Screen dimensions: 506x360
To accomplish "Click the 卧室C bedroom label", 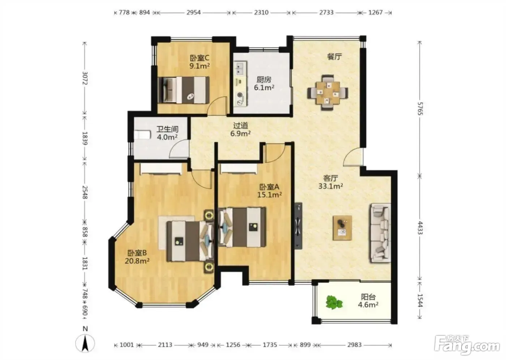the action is (x=200, y=58).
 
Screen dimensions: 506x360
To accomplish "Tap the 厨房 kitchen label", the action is (x=264, y=80).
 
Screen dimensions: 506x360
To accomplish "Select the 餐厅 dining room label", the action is (x=334, y=56).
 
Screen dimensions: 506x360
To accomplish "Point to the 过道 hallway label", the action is (x=241, y=125).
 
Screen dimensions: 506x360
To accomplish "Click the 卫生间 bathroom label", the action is (x=167, y=129).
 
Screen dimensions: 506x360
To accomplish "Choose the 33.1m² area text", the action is (x=331, y=186).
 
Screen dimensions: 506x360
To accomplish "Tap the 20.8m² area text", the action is (x=137, y=261).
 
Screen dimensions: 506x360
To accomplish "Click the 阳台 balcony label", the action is (x=368, y=297).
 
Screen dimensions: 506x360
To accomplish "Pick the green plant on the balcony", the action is (x=334, y=303).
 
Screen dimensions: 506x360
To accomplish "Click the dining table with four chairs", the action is (x=327, y=93).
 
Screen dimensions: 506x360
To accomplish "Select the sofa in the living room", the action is (x=380, y=233).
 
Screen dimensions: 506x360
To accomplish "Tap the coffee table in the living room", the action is (x=342, y=228).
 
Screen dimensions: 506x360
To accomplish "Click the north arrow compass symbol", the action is (x=85, y=343).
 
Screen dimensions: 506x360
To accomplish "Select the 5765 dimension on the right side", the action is (x=420, y=109).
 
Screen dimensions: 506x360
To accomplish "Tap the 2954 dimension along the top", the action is (x=194, y=12).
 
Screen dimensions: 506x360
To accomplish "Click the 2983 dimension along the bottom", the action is (x=355, y=345).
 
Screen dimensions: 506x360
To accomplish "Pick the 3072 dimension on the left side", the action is (x=85, y=78).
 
